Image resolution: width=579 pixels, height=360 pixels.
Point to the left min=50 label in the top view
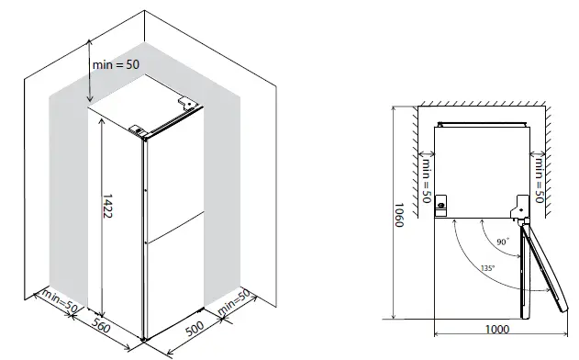point(426,180)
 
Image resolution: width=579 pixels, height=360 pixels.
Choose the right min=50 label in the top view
point(540,180)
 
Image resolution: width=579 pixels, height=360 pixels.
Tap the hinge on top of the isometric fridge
point(139,129)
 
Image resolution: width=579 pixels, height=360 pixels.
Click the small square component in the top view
point(441,204)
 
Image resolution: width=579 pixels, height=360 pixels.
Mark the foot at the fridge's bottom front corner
point(145,341)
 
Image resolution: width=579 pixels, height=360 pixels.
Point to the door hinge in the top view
point(519,212)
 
